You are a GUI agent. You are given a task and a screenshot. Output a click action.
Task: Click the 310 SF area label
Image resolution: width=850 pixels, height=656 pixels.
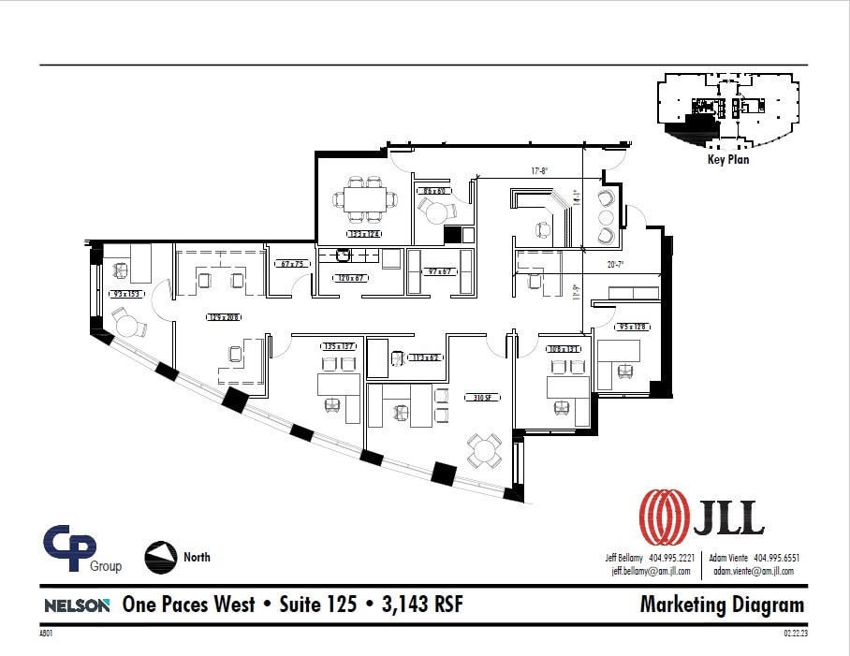(483, 398)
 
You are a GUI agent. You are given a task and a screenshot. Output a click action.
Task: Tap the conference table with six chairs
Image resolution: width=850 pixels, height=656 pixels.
(363, 199)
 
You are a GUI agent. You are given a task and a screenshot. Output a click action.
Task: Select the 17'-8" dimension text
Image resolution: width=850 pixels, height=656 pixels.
(539, 171)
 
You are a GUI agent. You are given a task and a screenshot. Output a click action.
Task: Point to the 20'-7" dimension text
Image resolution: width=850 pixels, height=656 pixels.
(616, 265)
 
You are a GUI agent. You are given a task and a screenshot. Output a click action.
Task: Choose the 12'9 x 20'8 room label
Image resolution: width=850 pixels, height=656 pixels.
(224, 317)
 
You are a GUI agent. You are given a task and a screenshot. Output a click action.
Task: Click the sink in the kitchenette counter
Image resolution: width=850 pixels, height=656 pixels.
(344, 255)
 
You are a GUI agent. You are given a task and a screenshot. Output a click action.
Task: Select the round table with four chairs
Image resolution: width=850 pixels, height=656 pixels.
(485, 450)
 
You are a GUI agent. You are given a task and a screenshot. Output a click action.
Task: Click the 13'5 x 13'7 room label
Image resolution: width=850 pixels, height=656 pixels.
(338, 346)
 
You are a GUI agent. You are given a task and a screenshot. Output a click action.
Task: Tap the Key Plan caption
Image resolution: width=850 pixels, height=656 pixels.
(727, 160)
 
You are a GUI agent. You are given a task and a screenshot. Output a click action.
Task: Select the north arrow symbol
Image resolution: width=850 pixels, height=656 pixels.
(160, 558)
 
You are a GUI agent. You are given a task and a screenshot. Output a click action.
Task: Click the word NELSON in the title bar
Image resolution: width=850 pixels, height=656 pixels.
(78, 605)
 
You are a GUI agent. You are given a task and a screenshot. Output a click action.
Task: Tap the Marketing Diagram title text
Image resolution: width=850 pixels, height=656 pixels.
(722, 605)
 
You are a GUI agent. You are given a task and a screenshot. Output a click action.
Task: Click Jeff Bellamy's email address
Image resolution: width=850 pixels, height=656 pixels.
(651, 571)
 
